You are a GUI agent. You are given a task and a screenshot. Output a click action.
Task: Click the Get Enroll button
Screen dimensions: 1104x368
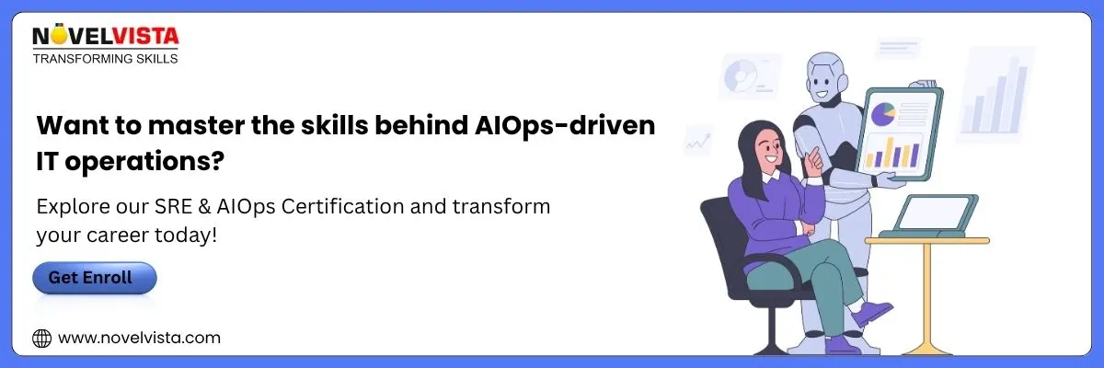pos(95,278)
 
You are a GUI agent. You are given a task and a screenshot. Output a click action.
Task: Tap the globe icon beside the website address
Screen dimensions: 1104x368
pos(42,339)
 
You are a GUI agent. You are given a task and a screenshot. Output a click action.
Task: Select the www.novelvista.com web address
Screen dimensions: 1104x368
pos(140,338)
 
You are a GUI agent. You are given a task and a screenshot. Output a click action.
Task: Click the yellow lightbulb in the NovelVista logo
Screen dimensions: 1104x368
pos(58,34)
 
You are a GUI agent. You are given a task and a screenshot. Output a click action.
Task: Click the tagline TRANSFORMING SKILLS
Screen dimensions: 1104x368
pos(105,59)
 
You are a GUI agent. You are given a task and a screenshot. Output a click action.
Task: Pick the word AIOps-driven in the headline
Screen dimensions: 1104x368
pos(565,126)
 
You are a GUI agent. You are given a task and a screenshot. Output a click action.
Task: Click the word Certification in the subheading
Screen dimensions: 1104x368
pos(342,206)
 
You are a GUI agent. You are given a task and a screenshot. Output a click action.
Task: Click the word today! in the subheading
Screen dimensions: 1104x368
pos(186,235)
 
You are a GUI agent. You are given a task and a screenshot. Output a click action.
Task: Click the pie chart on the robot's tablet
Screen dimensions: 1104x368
pos(883,114)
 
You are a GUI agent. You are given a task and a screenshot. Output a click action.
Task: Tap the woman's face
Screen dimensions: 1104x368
pos(770,147)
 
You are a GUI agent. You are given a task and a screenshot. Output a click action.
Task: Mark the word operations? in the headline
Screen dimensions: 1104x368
pos(145,162)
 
